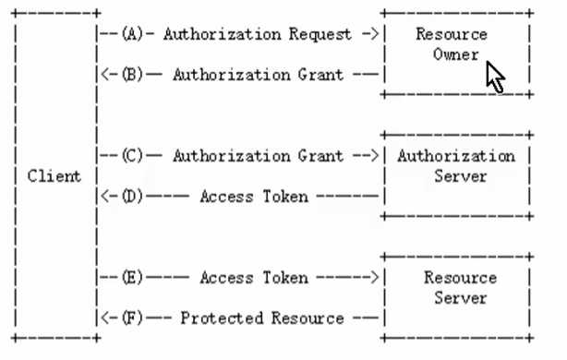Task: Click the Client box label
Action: click(x=54, y=176)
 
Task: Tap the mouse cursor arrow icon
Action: click(x=495, y=78)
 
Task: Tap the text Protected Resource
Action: click(x=262, y=318)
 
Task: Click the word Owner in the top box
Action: click(x=457, y=54)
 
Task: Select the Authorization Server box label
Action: click(x=456, y=166)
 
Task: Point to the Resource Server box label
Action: click(x=459, y=288)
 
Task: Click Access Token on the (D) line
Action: click(x=254, y=197)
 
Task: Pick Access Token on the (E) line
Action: click(x=254, y=278)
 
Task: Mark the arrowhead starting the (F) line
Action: click(x=103, y=318)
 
